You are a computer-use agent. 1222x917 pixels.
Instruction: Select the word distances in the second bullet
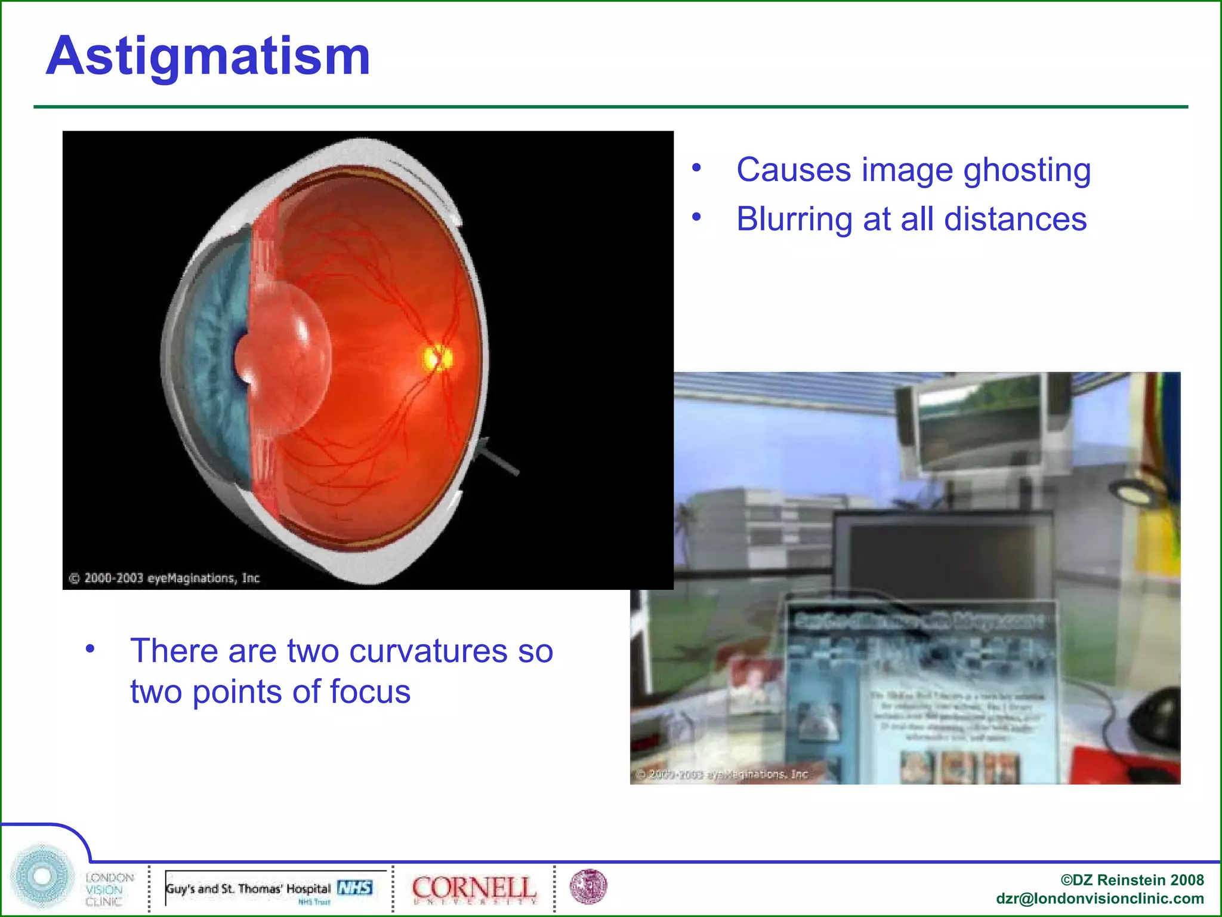(x=1015, y=219)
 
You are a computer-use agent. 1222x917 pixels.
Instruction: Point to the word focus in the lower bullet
(x=370, y=692)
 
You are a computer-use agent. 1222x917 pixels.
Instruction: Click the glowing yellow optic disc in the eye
(x=437, y=358)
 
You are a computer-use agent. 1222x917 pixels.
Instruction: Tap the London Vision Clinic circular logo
(x=42, y=876)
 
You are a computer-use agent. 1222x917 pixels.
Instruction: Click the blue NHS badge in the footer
(x=355, y=888)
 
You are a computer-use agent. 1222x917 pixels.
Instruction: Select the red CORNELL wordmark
(x=473, y=887)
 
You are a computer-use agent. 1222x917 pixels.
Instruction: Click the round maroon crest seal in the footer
(x=588, y=887)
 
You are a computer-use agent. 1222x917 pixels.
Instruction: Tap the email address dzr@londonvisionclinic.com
(x=1099, y=899)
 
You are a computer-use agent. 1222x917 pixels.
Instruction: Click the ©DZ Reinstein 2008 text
(x=1131, y=880)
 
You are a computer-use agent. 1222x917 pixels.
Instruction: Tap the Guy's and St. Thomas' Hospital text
(x=248, y=889)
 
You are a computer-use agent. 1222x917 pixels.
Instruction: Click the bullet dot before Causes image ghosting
(x=696, y=168)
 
